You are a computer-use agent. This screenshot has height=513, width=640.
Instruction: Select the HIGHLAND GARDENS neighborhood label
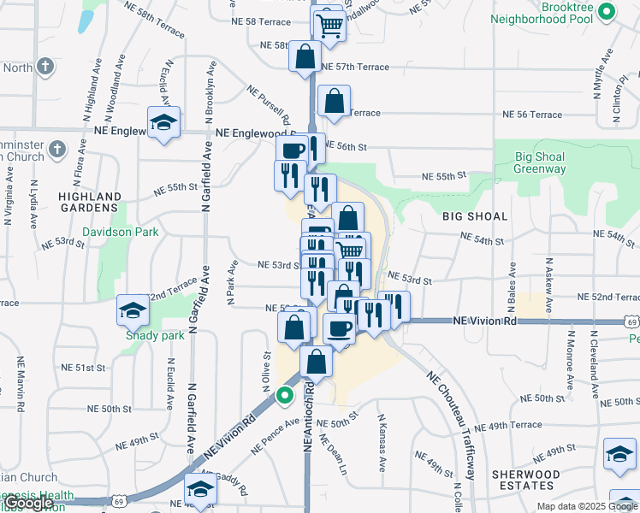click(88, 202)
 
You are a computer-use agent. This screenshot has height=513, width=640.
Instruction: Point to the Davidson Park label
click(116, 232)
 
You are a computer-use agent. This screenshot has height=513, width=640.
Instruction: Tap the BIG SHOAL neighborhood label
click(475, 216)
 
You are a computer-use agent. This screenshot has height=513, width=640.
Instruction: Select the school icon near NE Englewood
click(163, 122)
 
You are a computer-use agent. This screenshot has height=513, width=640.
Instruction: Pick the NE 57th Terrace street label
click(354, 67)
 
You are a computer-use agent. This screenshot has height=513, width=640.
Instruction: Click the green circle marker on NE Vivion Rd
click(284, 396)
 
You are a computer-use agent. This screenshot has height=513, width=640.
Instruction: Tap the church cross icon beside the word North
click(45, 66)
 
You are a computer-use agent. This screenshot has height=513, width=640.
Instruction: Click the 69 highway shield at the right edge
click(631, 322)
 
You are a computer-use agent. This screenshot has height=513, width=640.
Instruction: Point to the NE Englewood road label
click(254, 134)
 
